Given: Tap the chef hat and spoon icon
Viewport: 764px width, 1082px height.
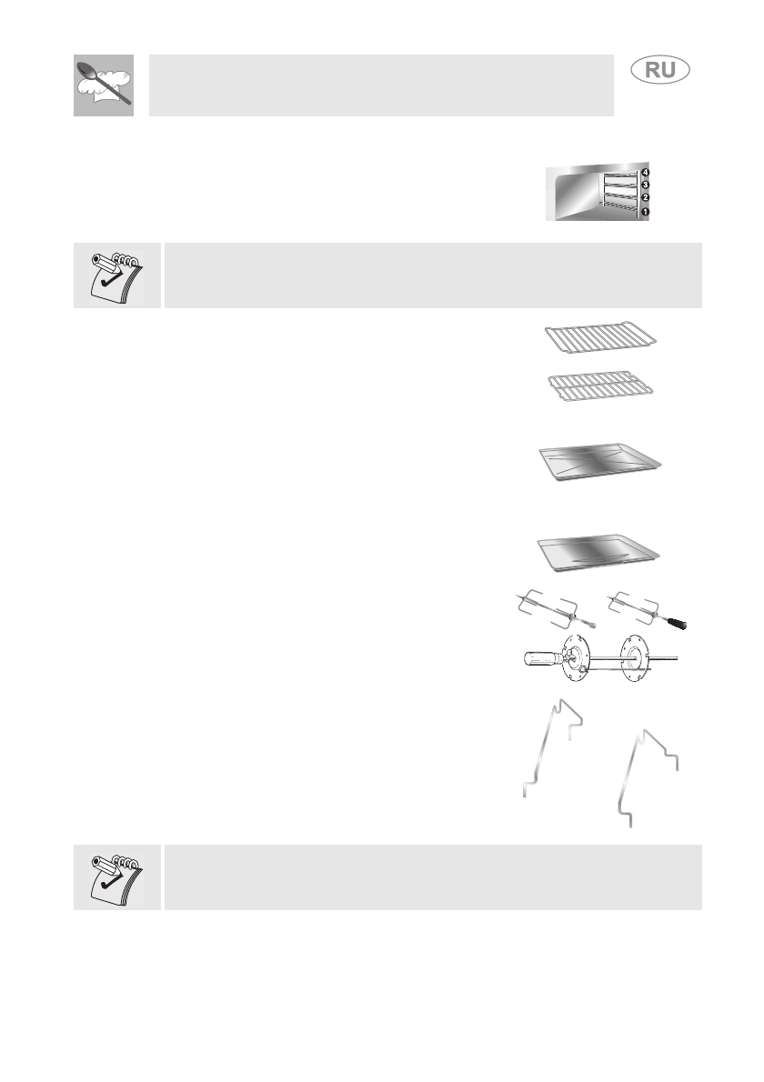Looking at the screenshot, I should click(104, 85).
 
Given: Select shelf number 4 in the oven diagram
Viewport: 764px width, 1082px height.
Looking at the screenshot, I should click(645, 171).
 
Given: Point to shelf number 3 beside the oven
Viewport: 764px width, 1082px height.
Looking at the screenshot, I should click(645, 184).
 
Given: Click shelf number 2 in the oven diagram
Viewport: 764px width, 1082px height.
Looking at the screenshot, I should click(645, 197).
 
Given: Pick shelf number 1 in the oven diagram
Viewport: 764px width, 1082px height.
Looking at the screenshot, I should click(645, 212).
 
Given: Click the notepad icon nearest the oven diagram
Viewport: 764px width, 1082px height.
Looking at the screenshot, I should click(116, 275).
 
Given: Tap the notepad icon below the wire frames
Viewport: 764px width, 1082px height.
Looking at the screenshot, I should click(116, 877).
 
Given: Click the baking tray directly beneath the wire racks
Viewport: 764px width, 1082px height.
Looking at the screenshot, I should click(598, 463).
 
